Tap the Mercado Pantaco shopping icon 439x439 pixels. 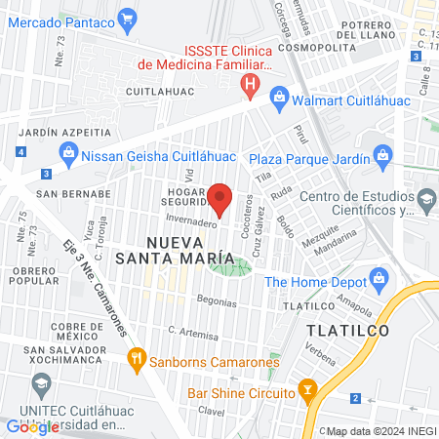(127, 17)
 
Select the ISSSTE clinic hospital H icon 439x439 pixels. (251, 86)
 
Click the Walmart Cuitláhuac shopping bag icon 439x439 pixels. (279, 97)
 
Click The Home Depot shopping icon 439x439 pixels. (376, 282)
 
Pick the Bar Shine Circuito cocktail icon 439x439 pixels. (308, 392)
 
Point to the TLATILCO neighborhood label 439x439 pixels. (347, 330)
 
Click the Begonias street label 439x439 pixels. (217, 302)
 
